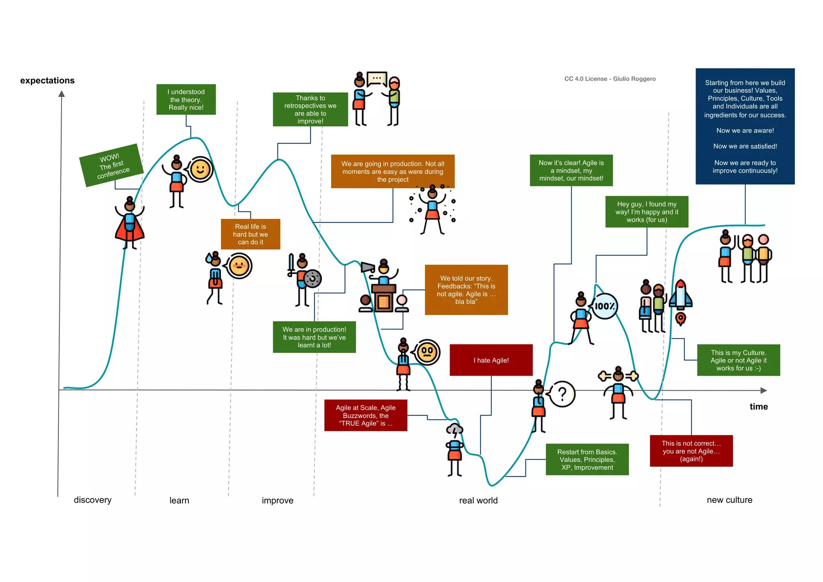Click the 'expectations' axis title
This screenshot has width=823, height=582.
click(47, 80)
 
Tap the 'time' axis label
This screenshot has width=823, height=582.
click(758, 407)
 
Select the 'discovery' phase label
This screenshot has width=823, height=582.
click(92, 500)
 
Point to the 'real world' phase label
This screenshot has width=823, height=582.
click(478, 500)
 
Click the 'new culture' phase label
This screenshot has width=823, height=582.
click(729, 500)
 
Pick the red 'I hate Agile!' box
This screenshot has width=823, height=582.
click(491, 360)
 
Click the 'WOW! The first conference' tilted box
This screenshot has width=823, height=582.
click(112, 165)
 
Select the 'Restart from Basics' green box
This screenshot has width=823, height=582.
click(587, 459)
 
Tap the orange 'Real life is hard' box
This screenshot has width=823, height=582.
click(250, 234)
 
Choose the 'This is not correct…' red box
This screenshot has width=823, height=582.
click(691, 451)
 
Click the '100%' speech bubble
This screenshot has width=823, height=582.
click(604, 306)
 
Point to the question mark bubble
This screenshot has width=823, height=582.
click(562, 394)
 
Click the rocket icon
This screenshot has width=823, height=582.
click(680, 297)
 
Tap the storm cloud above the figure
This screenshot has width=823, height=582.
click(455, 430)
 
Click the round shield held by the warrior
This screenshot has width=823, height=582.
click(313, 279)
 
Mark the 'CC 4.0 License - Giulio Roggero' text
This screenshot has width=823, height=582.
click(610, 79)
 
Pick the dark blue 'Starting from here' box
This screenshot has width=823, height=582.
click(745, 126)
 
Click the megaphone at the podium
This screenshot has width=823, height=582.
click(367, 267)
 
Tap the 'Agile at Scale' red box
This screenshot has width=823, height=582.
click(366, 415)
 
